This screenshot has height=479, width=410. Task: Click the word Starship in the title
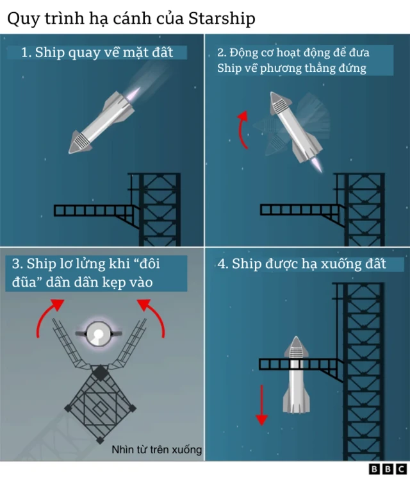tap(222, 19)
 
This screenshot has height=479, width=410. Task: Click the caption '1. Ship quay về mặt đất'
tap(97, 53)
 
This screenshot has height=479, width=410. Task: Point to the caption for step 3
tap(95, 273)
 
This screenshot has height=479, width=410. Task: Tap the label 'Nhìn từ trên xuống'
tap(157, 450)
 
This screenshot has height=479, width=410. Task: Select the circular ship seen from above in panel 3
tap(98, 333)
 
